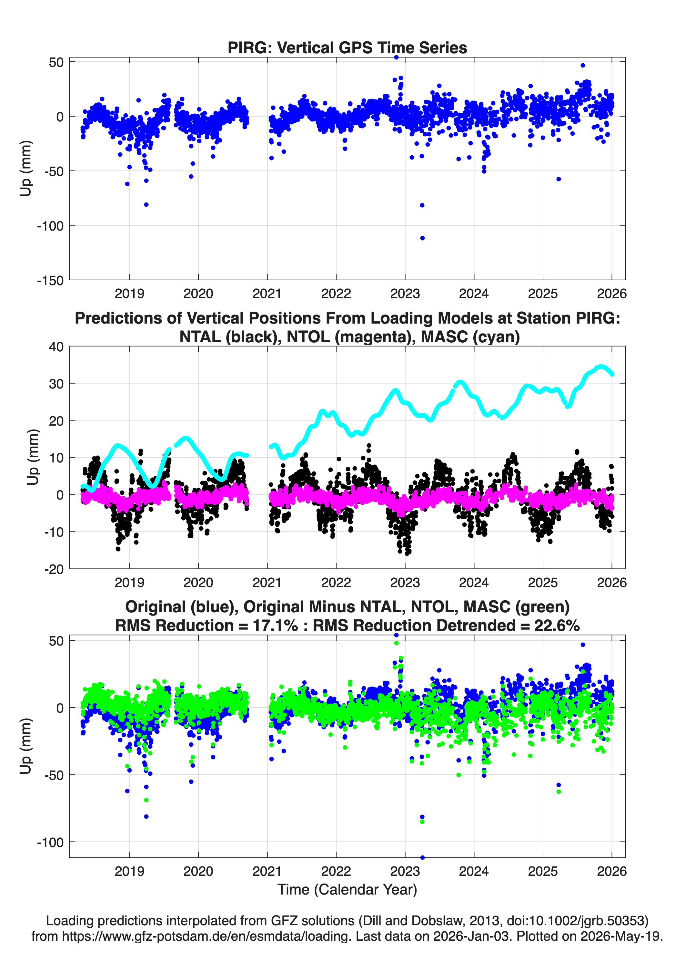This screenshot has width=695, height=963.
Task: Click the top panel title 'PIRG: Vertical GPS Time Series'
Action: point(347,47)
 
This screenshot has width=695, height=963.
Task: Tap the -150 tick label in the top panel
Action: point(50,281)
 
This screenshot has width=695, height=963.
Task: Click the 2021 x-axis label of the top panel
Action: point(267,294)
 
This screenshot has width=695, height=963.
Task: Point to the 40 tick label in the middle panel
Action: point(56,347)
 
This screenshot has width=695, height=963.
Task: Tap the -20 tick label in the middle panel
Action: point(54,569)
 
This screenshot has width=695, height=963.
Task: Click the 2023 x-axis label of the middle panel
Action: point(405,582)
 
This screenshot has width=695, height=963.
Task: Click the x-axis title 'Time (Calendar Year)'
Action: point(347,890)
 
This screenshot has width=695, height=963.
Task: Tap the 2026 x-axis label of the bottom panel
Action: point(611,871)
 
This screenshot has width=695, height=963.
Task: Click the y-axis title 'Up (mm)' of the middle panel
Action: point(33,457)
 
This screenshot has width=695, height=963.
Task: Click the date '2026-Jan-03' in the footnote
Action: point(471,936)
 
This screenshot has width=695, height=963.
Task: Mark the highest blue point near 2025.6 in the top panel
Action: point(583,65)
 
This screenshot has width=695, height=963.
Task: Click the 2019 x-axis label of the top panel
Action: point(129,294)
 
